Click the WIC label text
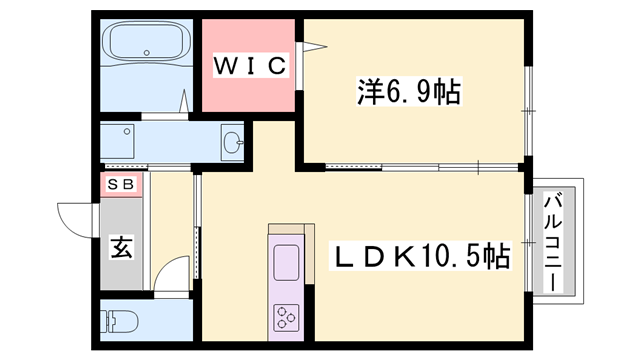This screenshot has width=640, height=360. coord(251,67)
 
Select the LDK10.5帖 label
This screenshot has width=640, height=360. coord(420,257)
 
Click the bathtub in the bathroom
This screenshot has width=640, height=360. coord(147,45)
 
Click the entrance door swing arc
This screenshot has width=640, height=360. coord(76,214)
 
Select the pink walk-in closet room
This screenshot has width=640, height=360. coord(250,65)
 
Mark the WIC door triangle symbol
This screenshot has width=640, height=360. coord(312,46)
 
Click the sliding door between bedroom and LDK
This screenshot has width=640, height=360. coord(420,165)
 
